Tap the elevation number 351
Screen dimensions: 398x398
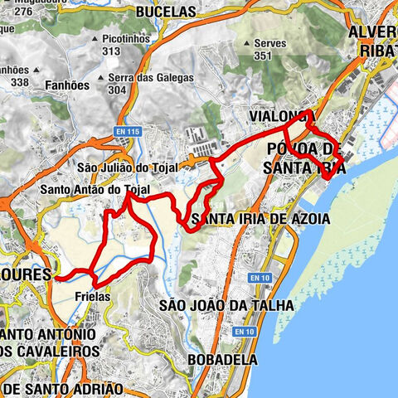click(263, 56)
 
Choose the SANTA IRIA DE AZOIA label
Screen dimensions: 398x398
click(260, 219)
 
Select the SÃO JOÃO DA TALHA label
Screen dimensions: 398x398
click(226, 305)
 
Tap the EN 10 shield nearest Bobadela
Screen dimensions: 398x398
click(243, 332)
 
